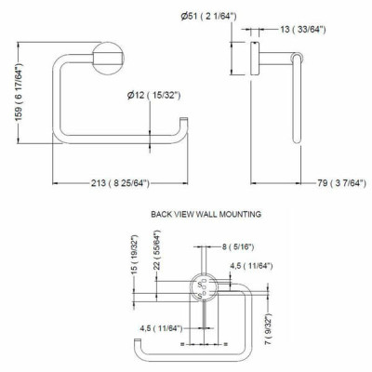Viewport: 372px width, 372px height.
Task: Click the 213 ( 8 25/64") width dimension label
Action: point(120,183)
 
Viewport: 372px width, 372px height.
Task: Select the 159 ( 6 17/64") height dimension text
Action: point(20,92)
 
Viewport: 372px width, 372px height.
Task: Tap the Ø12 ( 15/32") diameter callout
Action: point(153,95)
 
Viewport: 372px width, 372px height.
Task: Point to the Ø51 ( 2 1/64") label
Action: point(208,16)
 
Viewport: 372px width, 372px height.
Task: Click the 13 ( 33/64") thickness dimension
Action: point(302,30)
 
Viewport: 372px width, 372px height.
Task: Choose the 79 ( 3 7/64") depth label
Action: point(341,183)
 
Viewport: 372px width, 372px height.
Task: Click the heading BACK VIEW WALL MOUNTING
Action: point(206,214)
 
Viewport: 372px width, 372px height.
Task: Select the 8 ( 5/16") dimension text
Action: point(238,247)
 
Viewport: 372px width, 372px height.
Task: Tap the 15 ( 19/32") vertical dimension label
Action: point(134,255)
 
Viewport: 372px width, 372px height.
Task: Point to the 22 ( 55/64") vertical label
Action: point(157,250)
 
